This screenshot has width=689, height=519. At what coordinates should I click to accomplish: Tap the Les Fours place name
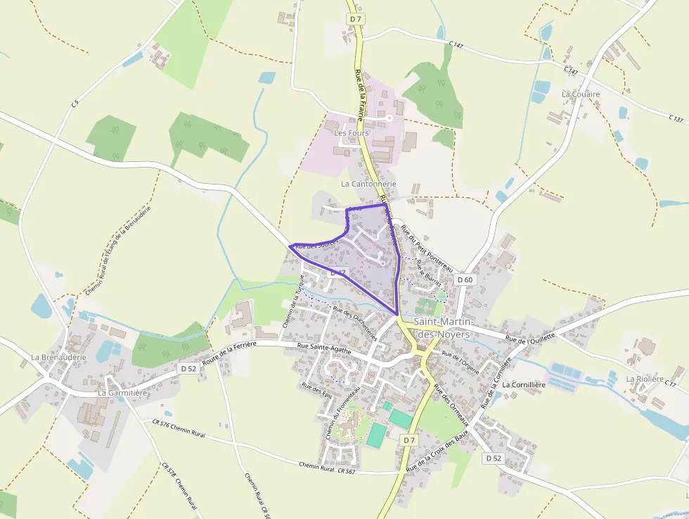[x=351, y=133]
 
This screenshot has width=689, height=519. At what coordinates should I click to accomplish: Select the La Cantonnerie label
[x=368, y=184]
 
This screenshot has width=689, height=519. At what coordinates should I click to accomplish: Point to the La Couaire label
[x=581, y=94]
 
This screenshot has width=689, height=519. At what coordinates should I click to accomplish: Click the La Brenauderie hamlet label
[x=58, y=357]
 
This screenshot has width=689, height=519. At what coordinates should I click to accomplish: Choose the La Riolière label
[x=645, y=379]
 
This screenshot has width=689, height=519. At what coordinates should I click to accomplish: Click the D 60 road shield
[x=465, y=280]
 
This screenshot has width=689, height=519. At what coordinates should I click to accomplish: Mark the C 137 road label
[x=676, y=119]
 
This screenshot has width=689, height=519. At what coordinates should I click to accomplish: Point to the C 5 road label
[x=74, y=104]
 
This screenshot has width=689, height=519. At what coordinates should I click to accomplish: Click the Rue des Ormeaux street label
[x=451, y=406]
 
